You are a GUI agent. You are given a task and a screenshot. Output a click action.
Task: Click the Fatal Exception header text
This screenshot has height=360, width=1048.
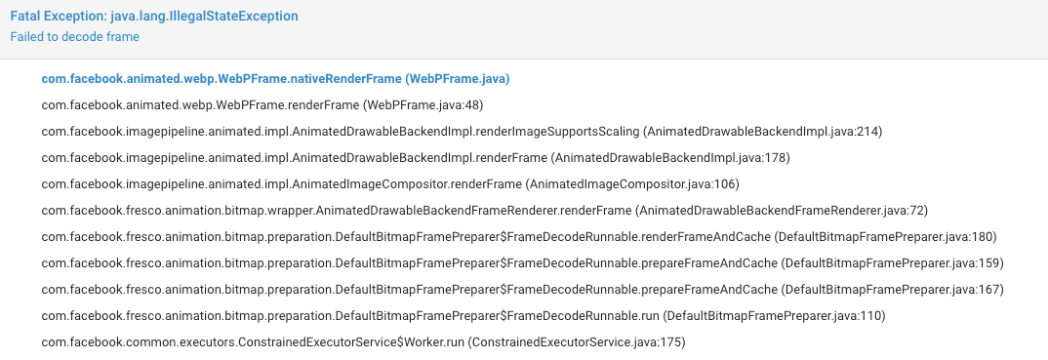154,17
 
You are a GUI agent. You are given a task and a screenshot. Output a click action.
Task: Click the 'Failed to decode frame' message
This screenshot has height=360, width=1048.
74,37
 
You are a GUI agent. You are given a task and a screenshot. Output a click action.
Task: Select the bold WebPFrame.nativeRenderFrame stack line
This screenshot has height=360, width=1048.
276,78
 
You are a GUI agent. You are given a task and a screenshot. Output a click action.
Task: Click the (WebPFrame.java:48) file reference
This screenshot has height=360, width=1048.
423,104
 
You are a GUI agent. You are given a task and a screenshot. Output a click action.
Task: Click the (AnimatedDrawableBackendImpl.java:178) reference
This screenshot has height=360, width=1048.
670,157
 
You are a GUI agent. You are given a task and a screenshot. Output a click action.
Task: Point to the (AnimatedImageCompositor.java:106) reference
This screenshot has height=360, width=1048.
632,183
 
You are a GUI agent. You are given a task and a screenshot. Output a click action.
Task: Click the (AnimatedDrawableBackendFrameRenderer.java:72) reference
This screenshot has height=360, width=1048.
794,210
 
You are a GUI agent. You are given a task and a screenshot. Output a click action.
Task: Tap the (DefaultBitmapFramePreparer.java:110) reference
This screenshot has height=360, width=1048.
774,315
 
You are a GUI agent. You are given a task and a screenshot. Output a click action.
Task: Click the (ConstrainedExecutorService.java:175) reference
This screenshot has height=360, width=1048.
577,341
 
